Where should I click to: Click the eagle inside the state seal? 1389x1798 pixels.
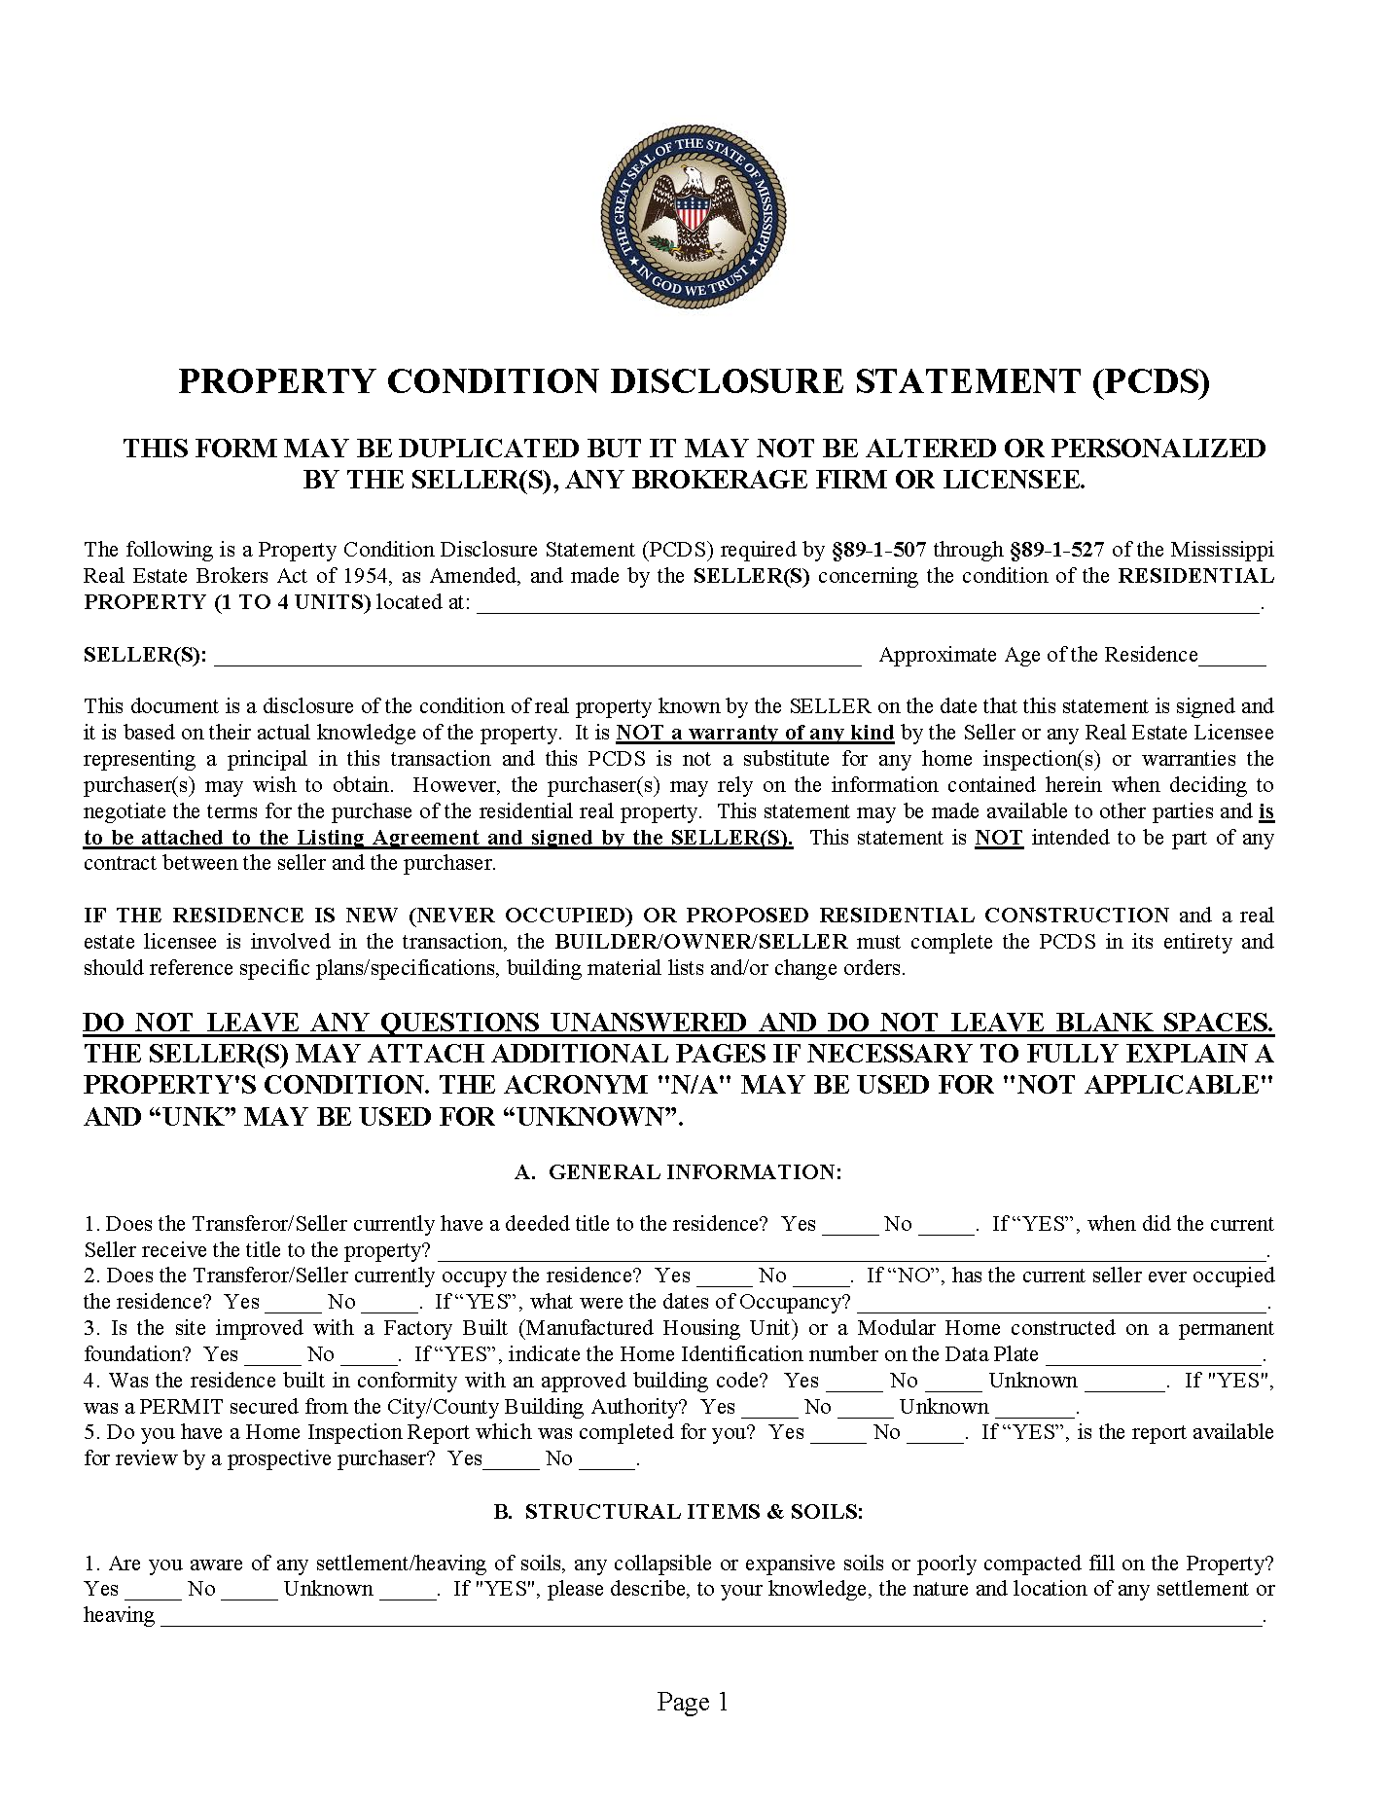coord(693,209)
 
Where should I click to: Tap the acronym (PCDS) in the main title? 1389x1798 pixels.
coord(1151,381)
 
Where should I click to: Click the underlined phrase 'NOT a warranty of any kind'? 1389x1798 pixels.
coord(755,733)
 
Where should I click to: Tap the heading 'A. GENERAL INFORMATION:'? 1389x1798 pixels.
coord(678,1171)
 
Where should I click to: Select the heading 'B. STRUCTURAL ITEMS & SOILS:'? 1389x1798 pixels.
coord(678,1511)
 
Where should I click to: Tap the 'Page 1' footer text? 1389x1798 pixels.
coord(693,1702)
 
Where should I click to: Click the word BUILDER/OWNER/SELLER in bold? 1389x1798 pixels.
coord(700,942)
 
